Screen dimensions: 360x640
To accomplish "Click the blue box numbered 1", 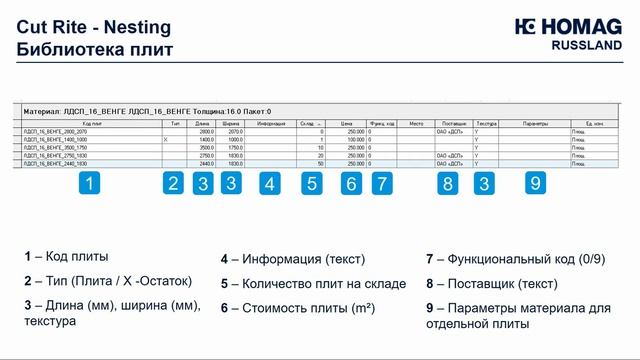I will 90,183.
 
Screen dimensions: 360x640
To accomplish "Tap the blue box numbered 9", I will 535,183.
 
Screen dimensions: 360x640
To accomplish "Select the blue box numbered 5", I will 313,183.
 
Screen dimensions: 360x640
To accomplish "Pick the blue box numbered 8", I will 447,183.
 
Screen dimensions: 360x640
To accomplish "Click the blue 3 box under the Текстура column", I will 484,183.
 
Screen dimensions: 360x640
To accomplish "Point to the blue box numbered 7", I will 380,183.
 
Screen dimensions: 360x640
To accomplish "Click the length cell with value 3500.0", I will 207,148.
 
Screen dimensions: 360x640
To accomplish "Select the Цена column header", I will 348,123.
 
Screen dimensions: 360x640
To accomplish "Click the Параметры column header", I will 536,123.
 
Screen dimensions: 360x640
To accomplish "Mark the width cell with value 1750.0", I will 235,148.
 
